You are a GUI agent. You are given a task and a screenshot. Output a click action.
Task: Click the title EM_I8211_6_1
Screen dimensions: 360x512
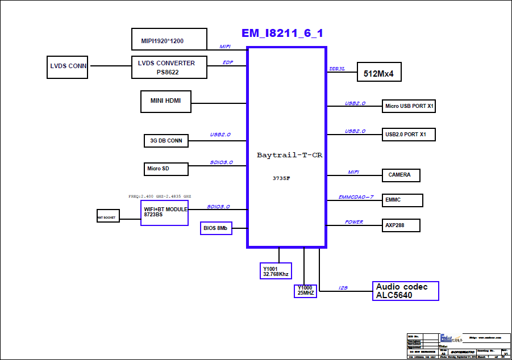pyautogui.click(x=282, y=34)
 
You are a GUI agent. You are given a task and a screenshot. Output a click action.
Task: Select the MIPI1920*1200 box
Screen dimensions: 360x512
pyautogui.click(x=169, y=40)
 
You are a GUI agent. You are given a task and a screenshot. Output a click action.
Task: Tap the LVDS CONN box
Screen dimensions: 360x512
pyautogui.click(x=68, y=66)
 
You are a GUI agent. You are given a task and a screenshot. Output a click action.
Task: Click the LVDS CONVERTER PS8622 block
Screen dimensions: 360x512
pyautogui.click(x=166, y=68)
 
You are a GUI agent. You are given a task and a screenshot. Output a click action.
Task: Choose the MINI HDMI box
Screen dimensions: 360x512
pyautogui.click(x=166, y=101)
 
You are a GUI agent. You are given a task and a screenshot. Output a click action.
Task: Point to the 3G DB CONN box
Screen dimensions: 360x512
pyautogui.click(x=166, y=140)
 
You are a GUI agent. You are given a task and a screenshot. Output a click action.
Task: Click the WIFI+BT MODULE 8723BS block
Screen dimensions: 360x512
pyautogui.click(x=164, y=212)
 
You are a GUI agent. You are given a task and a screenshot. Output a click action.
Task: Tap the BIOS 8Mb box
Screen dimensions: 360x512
pyautogui.click(x=216, y=228)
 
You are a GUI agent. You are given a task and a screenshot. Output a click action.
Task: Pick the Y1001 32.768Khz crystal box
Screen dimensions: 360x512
pyautogui.click(x=276, y=271)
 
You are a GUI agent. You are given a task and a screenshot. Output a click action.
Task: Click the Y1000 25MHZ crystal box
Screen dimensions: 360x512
pyautogui.click(x=305, y=291)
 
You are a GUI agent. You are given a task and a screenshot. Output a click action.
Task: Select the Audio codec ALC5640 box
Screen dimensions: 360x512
pyautogui.click(x=406, y=291)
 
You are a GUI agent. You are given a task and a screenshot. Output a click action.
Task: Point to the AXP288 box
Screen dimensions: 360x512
pyautogui.click(x=401, y=225)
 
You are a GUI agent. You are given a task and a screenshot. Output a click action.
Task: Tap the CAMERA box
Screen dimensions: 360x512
pyautogui.click(x=401, y=175)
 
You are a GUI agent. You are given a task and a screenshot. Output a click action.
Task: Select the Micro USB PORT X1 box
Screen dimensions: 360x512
pyautogui.click(x=409, y=106)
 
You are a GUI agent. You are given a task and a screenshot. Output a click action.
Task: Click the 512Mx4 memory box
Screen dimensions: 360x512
pyautogui.click(x=383, y=73)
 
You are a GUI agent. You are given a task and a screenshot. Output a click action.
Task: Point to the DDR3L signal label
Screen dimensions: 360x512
pyautogui.click(x=337, y=69)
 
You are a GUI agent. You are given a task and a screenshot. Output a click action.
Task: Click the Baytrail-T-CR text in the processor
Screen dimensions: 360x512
pyautogui.click(x=290, y=155)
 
